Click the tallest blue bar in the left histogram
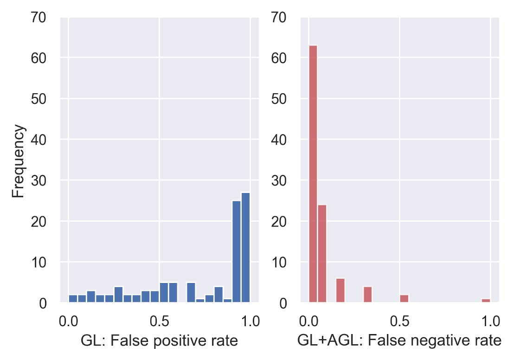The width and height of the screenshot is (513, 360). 245,248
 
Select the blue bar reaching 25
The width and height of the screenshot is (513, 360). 237,252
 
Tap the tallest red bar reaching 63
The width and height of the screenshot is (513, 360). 313,174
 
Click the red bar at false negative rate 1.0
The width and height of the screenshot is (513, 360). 486,301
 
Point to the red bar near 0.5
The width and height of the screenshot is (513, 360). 404,299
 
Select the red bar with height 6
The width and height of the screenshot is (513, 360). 340,291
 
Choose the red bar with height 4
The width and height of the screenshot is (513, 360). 368,295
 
